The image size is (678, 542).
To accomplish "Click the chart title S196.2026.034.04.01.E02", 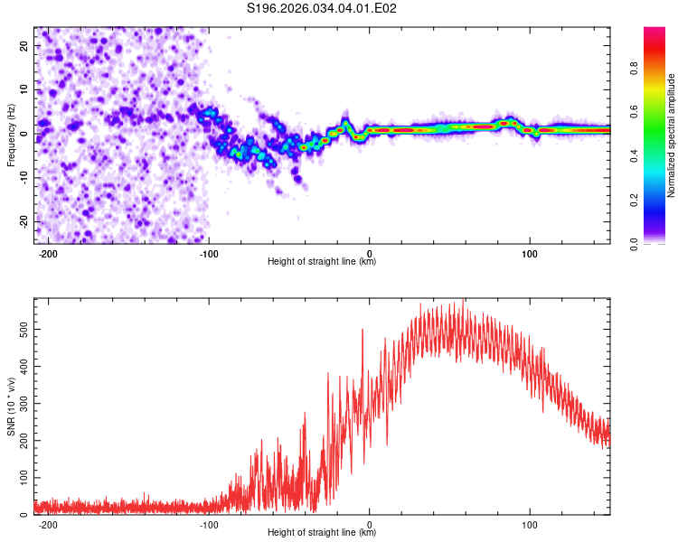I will click(x=323, y=8).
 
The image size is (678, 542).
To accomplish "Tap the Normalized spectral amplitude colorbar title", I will click(x=671, y=135).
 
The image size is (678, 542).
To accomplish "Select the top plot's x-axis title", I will click(x=322, y=262).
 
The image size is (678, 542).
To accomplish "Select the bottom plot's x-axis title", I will click(x=322, y=533).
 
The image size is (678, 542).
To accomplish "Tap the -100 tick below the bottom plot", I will click(x=209, y=523).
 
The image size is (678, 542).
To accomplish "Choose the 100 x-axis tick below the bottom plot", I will click(x=531, y=523).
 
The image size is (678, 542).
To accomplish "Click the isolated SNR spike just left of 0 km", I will click(x=363, y=331).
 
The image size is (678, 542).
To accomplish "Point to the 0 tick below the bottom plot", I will click(x=370, y=523).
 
